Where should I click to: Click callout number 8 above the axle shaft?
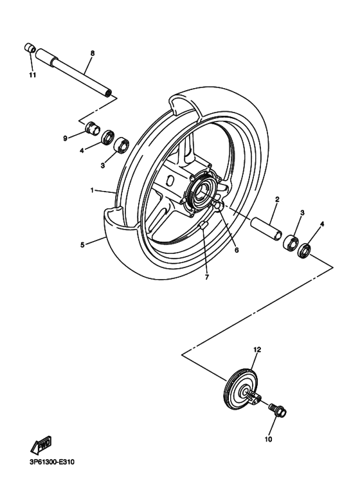92,52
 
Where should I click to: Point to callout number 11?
32,75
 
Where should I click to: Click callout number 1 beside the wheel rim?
93,190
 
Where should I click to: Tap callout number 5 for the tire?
82,244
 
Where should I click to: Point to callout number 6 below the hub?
236,249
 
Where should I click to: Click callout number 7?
207,277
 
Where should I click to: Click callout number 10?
268,440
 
